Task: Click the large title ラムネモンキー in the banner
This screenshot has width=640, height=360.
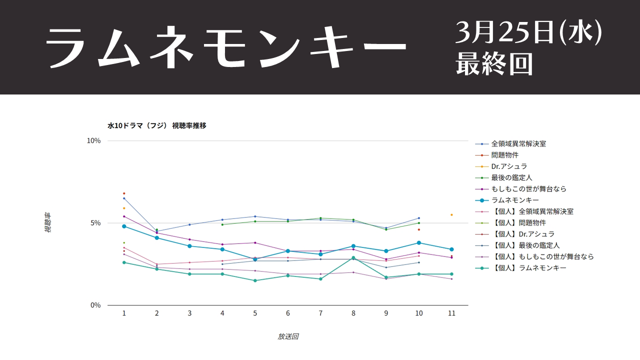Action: click(x=226, y=47)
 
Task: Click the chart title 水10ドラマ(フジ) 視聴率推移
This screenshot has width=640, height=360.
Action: click(x=157, y=125)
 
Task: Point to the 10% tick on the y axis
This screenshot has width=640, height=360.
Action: click(x=94, y=140)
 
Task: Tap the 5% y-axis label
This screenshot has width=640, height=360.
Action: click(x=95, y=223)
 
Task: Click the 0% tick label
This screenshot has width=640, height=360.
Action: click(x=95, y=305)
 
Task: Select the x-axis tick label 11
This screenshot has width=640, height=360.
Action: click(x=451, y=313)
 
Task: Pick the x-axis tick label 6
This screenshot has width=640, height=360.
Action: click(x=287, y=313)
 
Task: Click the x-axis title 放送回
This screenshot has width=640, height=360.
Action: click(x=287, y=336)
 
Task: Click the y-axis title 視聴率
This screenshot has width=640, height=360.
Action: click(x=48, y=223)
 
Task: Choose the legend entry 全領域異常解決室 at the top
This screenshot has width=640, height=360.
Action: click(x=518, y=143)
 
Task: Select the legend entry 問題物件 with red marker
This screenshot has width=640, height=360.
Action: click(x=504, y=155)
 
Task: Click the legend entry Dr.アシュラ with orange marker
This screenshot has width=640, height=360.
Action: click(x=509, y=166)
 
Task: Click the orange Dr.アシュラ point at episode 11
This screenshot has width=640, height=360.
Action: click(x=451, y=215)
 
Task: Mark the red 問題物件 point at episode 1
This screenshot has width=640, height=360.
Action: click(x=124, y=193)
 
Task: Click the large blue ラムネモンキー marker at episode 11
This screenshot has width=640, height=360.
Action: click(x=451, y=249)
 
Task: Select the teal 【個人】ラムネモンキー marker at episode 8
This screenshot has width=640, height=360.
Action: click(x=353, y=258)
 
